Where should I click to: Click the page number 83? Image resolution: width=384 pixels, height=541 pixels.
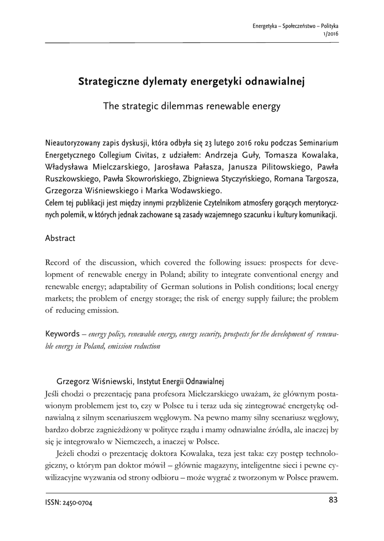coord(333,500)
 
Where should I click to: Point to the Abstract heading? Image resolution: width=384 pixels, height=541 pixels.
coord(60,238)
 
